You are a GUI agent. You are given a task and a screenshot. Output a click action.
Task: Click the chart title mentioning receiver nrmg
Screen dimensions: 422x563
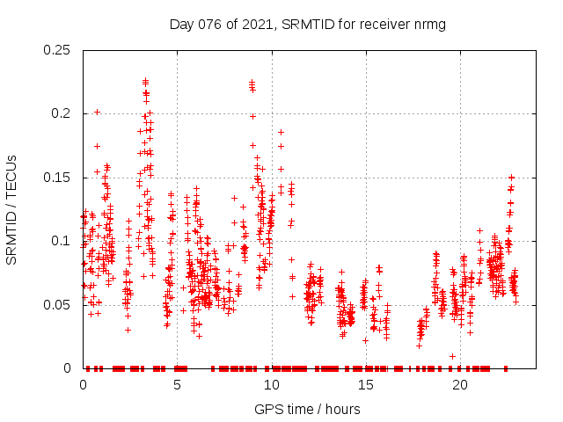tap(307, 25)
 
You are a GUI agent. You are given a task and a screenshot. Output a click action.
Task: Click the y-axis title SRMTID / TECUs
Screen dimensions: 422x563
tap(11, 210)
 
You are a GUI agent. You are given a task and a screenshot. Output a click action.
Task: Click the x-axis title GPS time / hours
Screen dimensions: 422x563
tap(307, 409)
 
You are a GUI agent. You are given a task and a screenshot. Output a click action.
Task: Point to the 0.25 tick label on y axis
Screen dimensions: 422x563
tap(59, 50)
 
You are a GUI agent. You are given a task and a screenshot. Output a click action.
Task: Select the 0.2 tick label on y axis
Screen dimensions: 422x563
tap(62, 113)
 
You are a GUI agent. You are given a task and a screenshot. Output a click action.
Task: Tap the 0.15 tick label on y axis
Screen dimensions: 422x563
tap(59, 178)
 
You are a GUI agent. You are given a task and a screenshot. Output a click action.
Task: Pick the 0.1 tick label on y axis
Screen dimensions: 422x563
tap(62, 241)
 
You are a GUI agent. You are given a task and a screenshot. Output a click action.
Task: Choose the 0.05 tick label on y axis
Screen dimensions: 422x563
tap(59, 305)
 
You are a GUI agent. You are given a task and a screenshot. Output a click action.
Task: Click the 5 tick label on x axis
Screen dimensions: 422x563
tap(177, 385)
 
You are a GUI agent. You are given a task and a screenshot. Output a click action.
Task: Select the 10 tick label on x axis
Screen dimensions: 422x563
tap(271, 385)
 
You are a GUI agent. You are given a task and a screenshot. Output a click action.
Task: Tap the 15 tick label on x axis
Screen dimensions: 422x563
tap(365, 385)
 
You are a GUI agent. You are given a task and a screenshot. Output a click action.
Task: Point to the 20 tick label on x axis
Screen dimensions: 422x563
tap(459, 385)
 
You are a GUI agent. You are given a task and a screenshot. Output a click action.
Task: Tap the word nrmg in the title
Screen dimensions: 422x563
tap(429, 25)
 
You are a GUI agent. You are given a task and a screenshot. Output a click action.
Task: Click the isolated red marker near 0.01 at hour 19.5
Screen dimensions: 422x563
tap(452, 356)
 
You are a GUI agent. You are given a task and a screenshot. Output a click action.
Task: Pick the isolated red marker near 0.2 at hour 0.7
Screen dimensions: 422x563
tap(97, 112)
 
